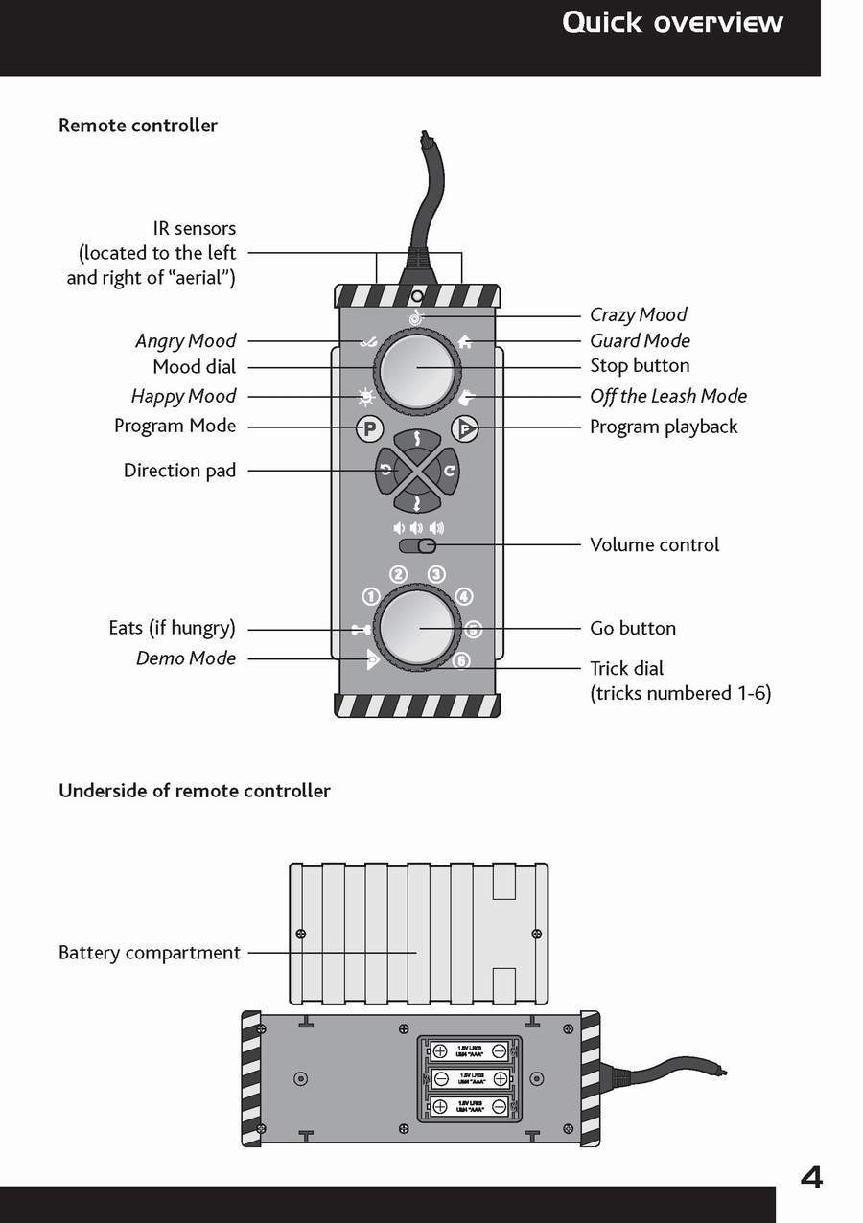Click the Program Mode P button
[368, 429]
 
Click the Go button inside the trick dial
[417, 628]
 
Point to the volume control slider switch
[418, 546]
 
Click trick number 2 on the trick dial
[398, 575]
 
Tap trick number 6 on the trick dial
[461, 661]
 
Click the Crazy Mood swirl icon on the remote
[416, 317]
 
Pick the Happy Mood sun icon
[364, 396]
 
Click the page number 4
[811, 1176]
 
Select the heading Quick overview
[672, 22]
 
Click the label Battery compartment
[150, 953]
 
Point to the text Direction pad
[179, 471]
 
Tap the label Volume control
[654, 544]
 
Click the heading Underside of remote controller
[195, 791]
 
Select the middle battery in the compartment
[469, 1078]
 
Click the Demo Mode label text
[186, 658]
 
